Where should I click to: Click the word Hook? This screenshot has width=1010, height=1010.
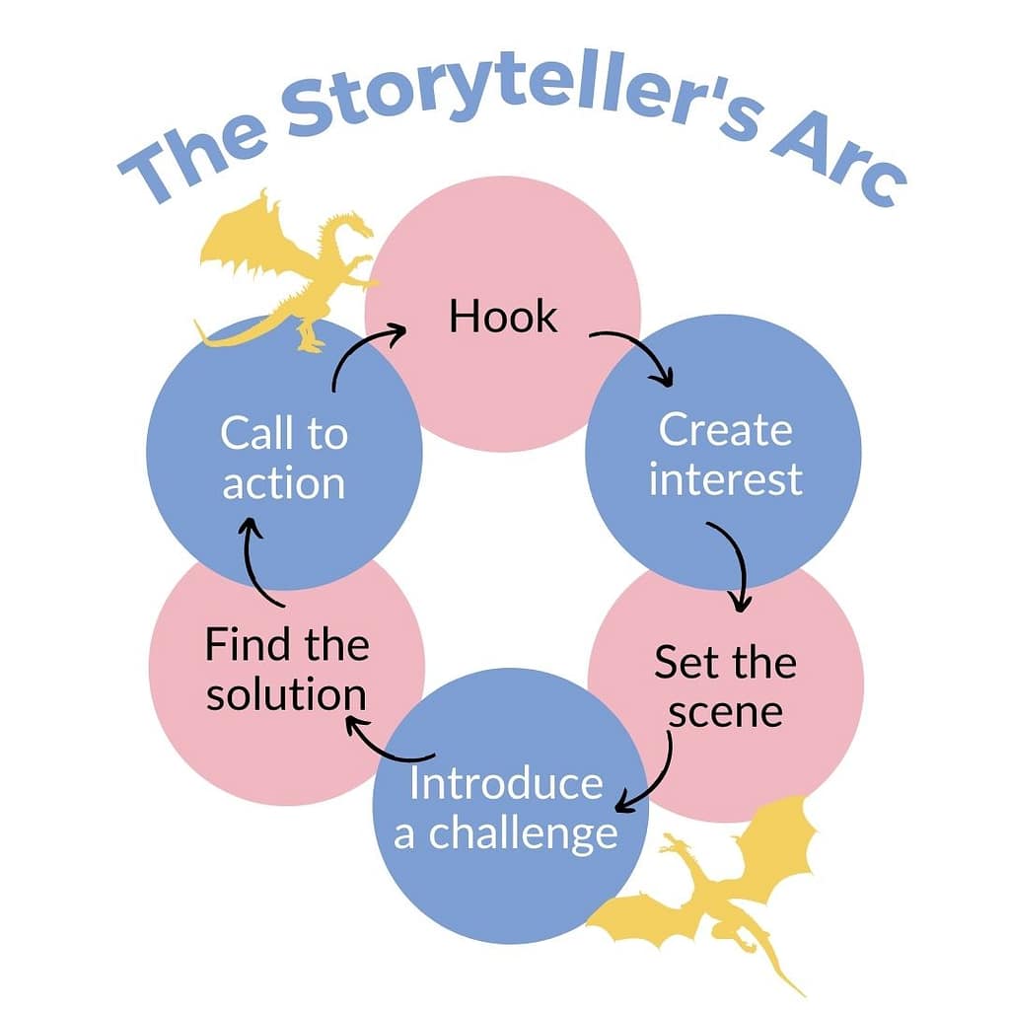click(503, 318)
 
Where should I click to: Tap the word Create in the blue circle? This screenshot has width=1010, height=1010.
click(725, 431)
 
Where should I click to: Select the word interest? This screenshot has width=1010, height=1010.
click(725, 480)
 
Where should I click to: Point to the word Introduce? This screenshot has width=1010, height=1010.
click(506, 784)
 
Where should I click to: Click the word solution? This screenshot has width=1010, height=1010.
click(286, 694)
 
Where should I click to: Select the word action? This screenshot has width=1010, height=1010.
click(284, 483)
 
